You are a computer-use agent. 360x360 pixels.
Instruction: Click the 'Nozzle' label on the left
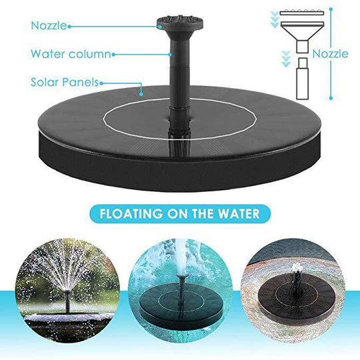click(x=47, y=26)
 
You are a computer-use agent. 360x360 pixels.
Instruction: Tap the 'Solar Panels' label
click(x=64, y=83)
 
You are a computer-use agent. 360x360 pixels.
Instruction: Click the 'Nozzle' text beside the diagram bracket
click(x=331, y=54)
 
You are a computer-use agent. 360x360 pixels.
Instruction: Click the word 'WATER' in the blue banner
click(x=241, y=215)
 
